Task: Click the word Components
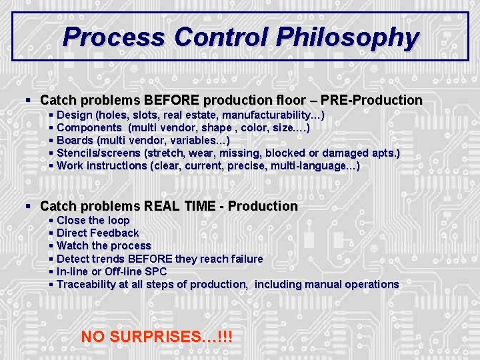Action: point(89,128)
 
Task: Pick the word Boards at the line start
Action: point(75,141)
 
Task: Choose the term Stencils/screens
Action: point(99,153)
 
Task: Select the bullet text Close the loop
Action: point(93,221)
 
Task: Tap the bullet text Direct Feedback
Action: point(98,233)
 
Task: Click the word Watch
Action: point(74,246)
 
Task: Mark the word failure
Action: point(243,259)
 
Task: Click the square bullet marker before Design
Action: point(52,115)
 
